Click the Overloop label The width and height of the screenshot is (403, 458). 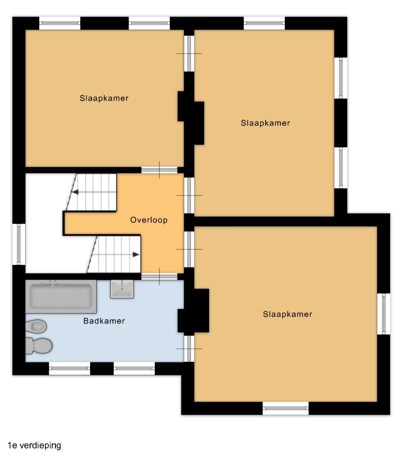coord(149,220)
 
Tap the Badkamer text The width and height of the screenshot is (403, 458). coord(104,321)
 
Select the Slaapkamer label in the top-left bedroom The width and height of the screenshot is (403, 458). coord(104,98)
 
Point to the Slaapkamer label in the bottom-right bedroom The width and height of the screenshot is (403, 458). coord(288,314)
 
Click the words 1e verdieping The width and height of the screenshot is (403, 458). coord(34,445)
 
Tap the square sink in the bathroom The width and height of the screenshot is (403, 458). coord(122,289)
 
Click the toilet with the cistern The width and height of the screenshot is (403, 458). coord(39,346)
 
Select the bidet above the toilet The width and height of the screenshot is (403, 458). coord(36,327)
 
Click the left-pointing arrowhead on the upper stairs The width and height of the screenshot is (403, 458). coord(75,192)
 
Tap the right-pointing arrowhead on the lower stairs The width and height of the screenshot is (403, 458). coord(136,254)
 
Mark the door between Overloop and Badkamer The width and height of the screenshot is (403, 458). coord(159,276)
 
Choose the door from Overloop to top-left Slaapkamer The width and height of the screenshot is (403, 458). coord(159,170)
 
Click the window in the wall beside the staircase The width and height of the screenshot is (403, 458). coord(19,244)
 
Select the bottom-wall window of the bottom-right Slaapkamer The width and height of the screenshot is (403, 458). coord(286,408)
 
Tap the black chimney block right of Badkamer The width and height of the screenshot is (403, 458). coord(193,310)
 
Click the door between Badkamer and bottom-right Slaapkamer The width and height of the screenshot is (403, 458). coord(189,349)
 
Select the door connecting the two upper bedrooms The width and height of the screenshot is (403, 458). coord(189,53)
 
